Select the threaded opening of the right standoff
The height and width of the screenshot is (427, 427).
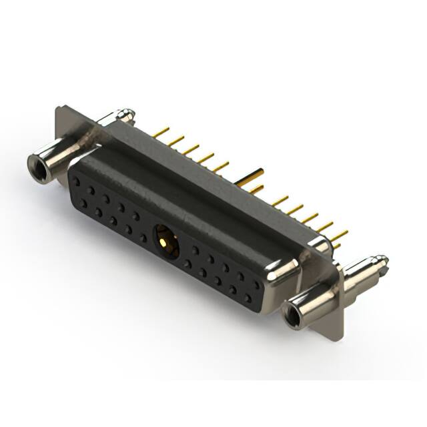point(294,314)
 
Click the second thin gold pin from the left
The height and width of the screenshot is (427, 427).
point(176,141)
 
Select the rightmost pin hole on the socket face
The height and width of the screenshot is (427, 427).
point(257,285)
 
